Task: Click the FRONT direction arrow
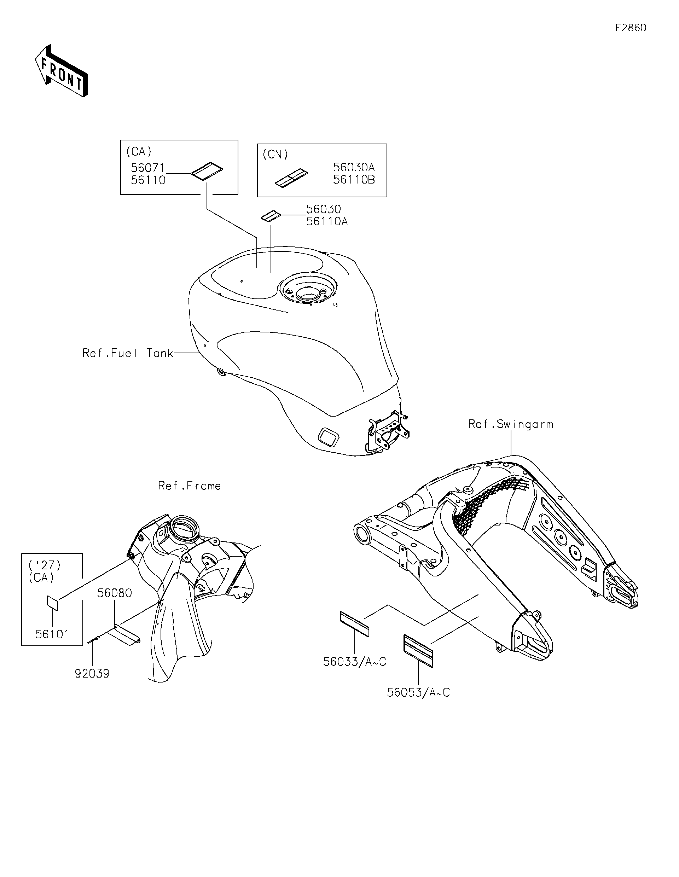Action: [62, 70]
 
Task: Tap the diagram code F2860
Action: [631, 28]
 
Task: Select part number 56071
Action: [148, 168]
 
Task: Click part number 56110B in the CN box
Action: [354, 180]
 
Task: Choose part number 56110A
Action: [327, 221]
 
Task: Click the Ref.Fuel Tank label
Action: [128, 353]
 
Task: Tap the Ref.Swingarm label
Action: [510, 424]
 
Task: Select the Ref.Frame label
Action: [190, 486]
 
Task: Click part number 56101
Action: [52, 634]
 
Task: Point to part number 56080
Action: [115, 593]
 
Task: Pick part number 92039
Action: [92, 673]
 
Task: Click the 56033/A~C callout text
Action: [355, 662]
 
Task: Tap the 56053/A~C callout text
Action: [418, 693]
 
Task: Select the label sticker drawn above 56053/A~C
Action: [418, 651]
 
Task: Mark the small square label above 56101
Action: [53, 602]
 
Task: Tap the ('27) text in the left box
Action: [45, 565]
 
